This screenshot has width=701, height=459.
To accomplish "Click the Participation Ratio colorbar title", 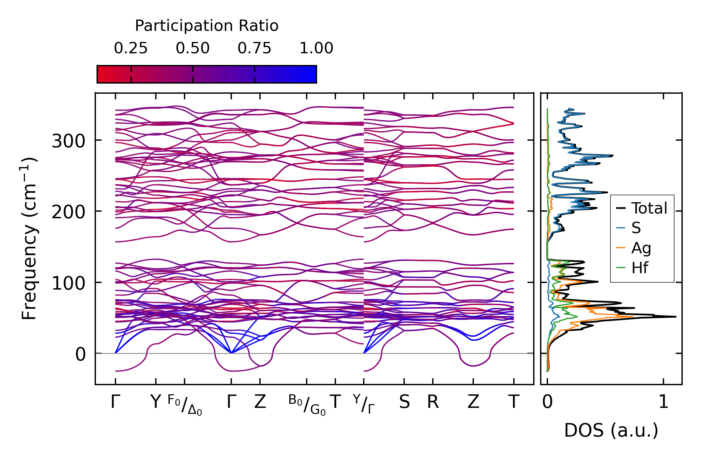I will click(207, 26).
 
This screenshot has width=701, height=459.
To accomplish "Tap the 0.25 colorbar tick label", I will click(131, 48).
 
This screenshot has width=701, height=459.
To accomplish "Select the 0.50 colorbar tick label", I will click(192, 48).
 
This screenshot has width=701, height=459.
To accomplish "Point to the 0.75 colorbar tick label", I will click(254, 48).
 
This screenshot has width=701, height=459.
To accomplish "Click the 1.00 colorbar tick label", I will click(316, 48).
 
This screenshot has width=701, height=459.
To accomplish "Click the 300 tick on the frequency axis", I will click(68, 141).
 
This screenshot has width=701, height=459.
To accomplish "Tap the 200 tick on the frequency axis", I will click(68, 212).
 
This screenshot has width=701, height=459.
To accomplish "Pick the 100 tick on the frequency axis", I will click(68, 283).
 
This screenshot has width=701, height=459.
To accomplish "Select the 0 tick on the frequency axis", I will click(80, 354).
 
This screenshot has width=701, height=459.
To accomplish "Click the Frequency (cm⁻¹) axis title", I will click(29, 238).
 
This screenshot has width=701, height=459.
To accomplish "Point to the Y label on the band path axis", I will click(156, 402).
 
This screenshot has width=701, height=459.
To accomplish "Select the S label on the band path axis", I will click(404, 402).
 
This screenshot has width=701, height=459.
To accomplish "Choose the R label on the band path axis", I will click(433, 402).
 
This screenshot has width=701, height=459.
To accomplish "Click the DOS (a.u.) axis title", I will click(611, 431).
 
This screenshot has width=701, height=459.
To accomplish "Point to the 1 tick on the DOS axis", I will click(663, 402).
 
